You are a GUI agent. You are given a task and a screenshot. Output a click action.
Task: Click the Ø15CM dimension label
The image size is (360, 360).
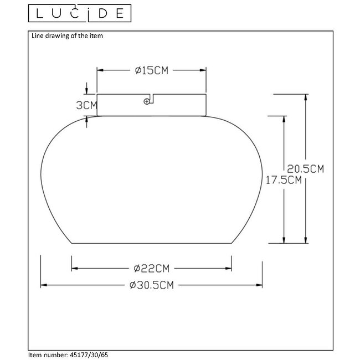point(151,70)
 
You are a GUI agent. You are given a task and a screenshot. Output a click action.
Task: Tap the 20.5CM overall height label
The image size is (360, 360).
point(305,168)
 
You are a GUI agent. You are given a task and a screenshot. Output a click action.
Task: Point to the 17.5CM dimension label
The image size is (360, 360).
point(283,179)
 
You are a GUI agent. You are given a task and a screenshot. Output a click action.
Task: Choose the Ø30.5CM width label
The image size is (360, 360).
point(151,285)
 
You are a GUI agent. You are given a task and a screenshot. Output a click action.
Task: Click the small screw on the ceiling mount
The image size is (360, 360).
point(147,101)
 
